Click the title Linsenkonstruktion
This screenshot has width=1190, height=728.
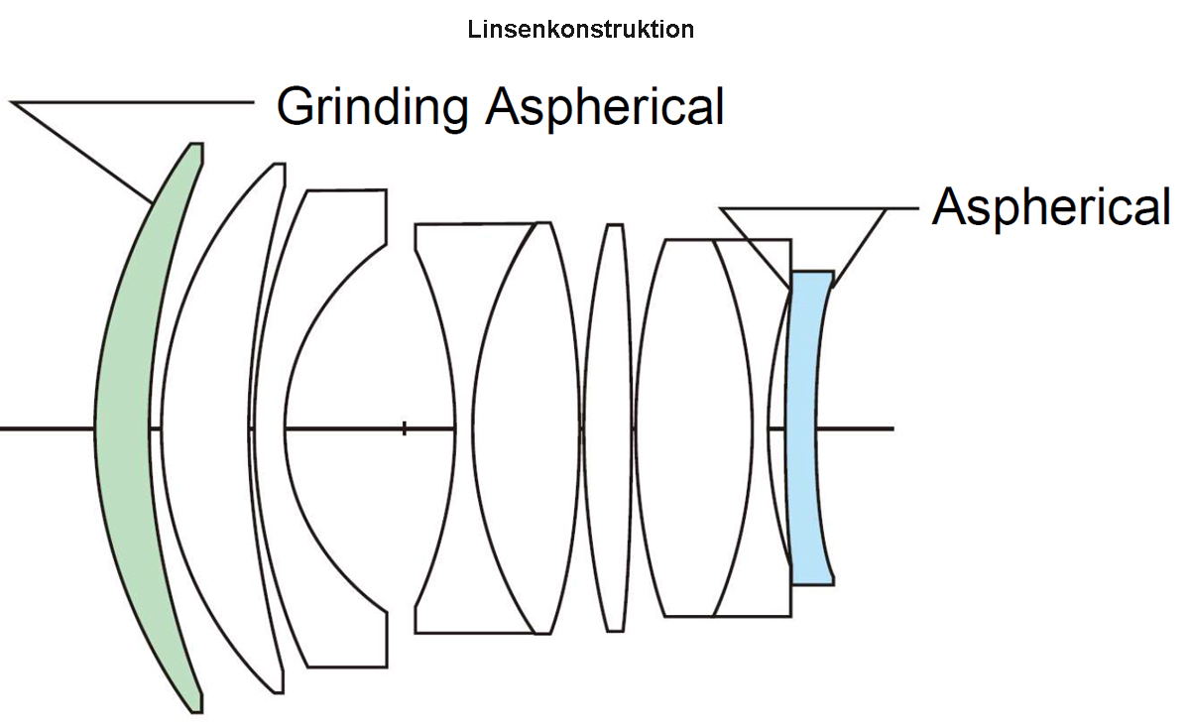tap(580, 30)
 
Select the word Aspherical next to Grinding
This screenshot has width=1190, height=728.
tap(604, 107)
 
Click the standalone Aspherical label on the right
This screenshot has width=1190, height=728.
tap(1051, 208)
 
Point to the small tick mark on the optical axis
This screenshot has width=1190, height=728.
tap(404, 428)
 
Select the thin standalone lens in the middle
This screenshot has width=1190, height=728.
tap(607, 426)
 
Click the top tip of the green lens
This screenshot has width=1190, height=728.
tap(196, 146)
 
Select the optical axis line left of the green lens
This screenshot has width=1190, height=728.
tap(45, 428)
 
